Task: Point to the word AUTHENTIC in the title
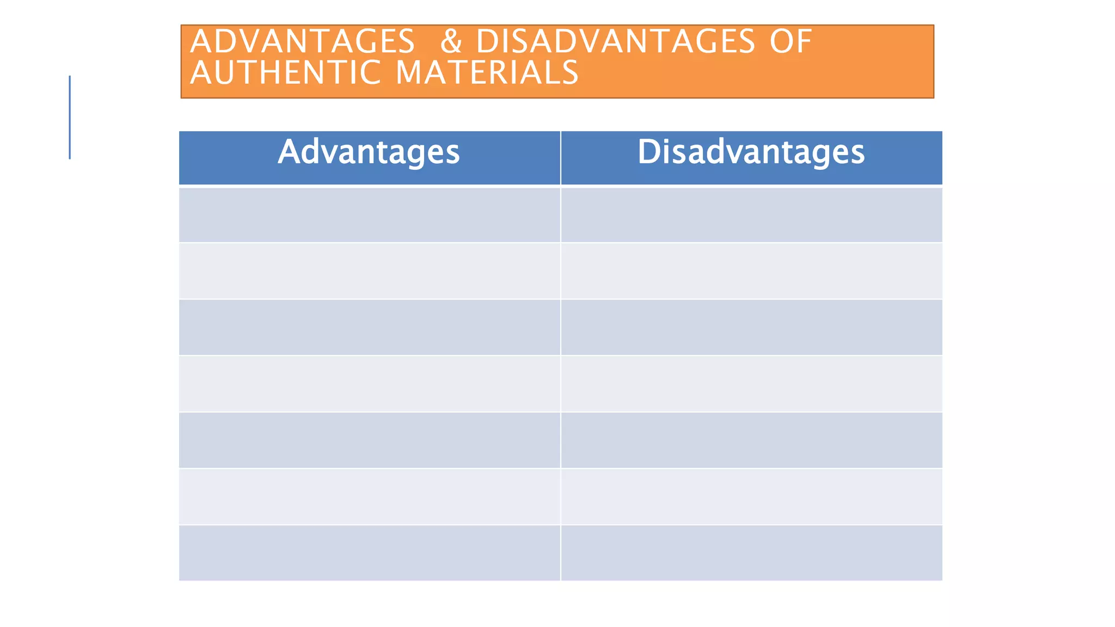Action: (x=285, y=72)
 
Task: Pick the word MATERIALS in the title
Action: (x=487, y=72)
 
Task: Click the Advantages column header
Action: (x=369, y=152)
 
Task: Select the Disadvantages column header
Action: (x=751, y=152)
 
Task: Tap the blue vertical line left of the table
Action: (x=70, y=117)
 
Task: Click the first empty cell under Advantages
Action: (x=369, y=214)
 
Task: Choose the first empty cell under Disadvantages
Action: (x=751, y=214)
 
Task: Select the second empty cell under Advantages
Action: (x=369, y=271)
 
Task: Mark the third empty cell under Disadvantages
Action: (x=751, y=327)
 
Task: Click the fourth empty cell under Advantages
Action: (x=369, y=384)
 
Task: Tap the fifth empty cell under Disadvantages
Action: (x=751, y=440)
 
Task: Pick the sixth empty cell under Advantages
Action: (x=369, y=496)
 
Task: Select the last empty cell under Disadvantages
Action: (x=751, y=552)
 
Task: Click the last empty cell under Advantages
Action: (x=369, y=552)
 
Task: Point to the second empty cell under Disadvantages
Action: (x=751, y=271)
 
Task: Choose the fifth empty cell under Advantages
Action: (x=369, y=440)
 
